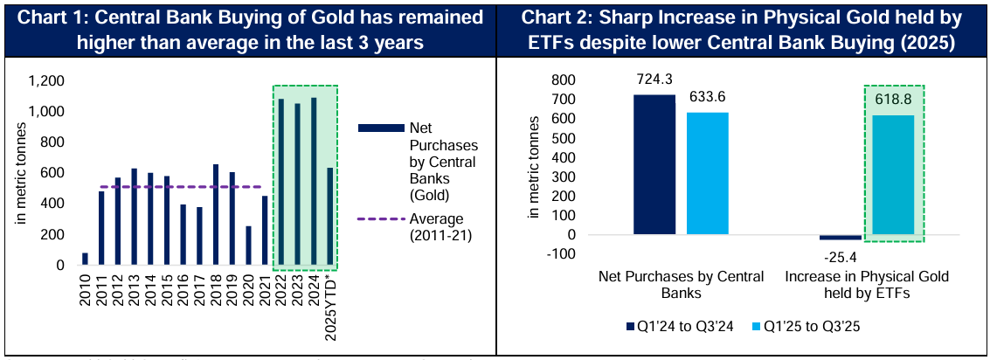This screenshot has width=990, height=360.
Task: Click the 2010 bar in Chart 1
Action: pyautogui.click(x=85, y=260)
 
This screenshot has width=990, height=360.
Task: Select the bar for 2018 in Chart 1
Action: pyautogui.click(x=216, y=215)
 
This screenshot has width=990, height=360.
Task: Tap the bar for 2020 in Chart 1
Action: pyautogui.click(x=249, y=246)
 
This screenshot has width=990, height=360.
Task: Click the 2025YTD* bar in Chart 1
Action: pyautogui.click(x=330, y=217)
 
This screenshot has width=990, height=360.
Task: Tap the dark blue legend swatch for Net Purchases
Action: pyautogui.click(x=368, y=128)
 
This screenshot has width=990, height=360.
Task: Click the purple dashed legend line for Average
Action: pyautogui.click(x=368, y=218)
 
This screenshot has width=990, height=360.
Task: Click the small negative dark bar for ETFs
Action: pyautogui.click(x=841, y=237)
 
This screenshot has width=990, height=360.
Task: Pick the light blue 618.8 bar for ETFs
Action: pyautogui.click(x=894, y=175)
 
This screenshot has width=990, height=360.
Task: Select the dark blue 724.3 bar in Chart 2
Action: pyautogui.click(x=654, y=164)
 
